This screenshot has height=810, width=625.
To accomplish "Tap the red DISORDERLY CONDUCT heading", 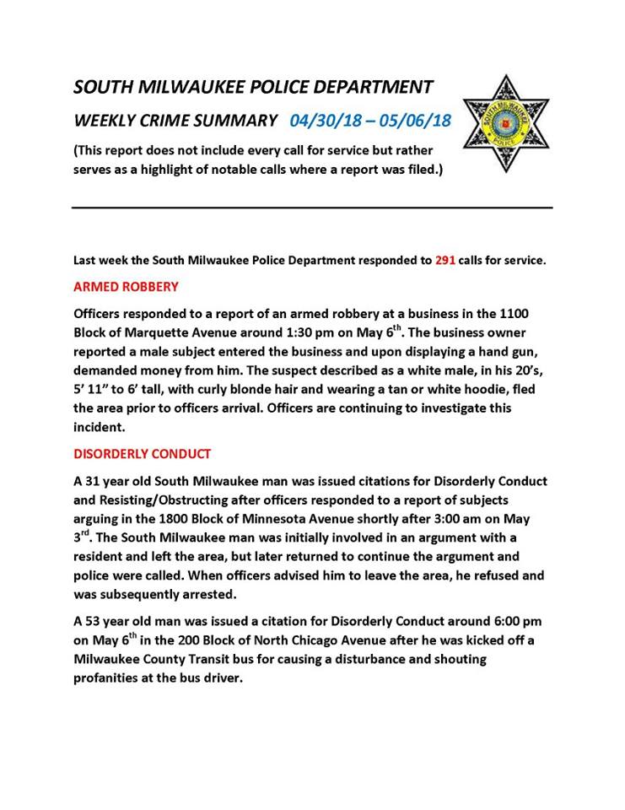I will click(143, 454).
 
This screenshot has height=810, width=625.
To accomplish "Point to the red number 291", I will click(445, 261).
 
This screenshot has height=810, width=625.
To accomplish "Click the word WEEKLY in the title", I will click(104, 120).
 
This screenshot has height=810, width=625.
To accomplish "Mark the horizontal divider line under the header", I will click(312, 208).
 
